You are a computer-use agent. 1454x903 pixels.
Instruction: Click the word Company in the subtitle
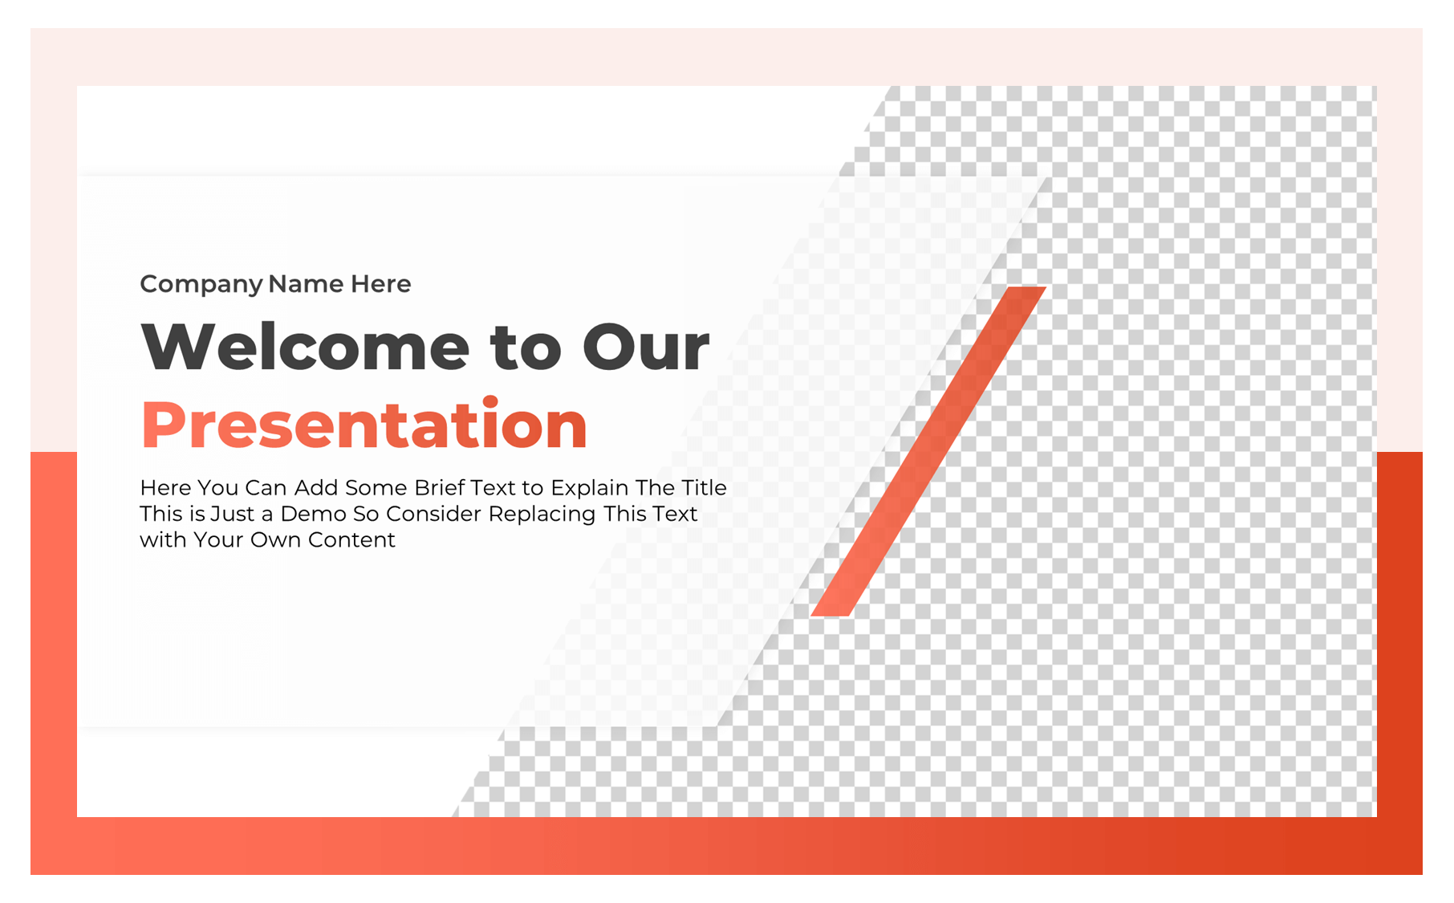[x=201, y=285]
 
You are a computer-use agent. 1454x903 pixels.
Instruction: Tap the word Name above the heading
[x=306, y=283]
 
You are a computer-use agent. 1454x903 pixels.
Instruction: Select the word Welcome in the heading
[x=305, y=346]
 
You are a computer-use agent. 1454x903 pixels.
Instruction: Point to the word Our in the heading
[x=646, y=347]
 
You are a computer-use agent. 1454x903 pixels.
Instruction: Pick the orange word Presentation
[x=364, y=423]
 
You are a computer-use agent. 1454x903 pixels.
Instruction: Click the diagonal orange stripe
[x=928, y=451]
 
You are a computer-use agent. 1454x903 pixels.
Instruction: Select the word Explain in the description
[x=589, y=489]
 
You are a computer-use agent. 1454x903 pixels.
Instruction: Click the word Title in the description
[x=704, y=487]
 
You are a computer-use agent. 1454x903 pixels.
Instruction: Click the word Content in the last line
[x=351, y=539]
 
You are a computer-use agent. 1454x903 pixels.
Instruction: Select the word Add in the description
[x=315, y=487]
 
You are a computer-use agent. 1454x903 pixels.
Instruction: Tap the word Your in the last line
[x=218, y=539]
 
